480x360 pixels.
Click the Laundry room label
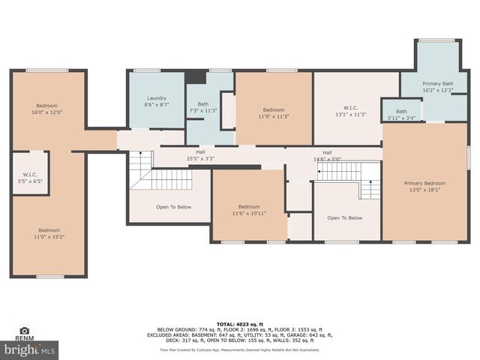pos(156,98)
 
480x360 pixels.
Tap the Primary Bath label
pos(437,84)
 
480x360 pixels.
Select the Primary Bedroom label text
pos(424,183)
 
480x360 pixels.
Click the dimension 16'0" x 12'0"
pos(46,112)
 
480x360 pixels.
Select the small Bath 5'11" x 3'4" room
pos(401,113)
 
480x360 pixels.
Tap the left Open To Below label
pos(172,207)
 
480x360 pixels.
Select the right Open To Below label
pos(345,217)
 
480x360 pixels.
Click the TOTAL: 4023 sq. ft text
pos(239,322)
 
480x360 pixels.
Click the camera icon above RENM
pos(24,330)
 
